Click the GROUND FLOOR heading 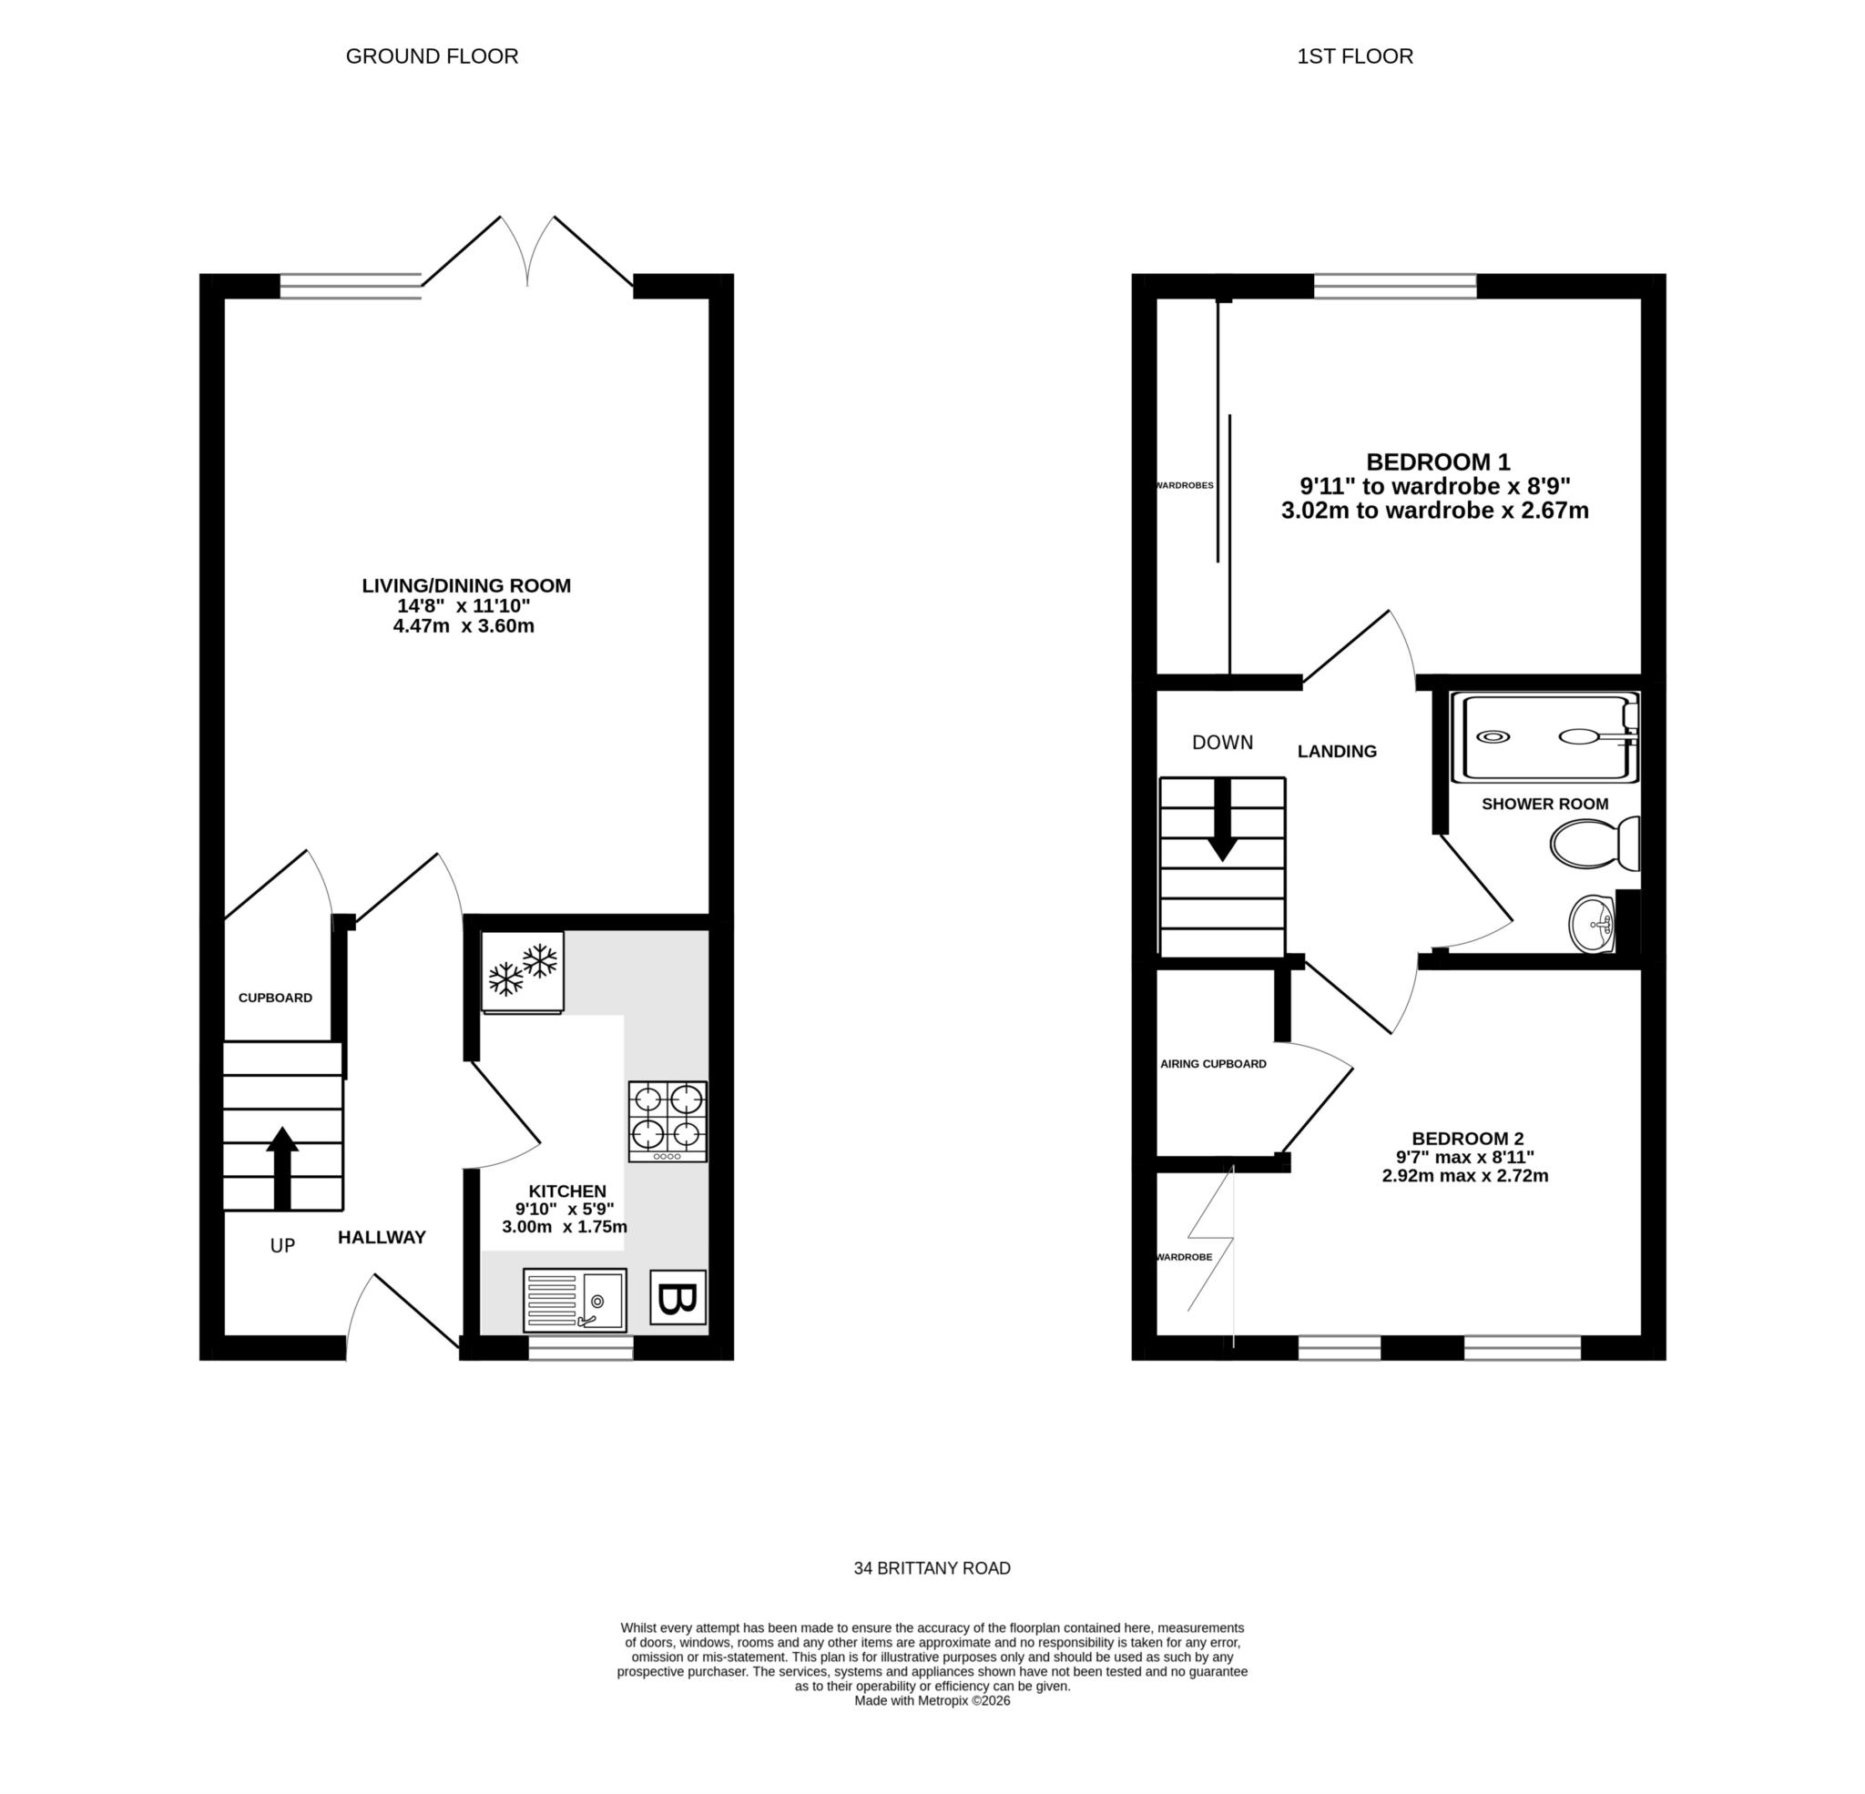coord(432,56)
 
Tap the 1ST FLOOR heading coord(1355,56)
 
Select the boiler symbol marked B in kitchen coord(678,1297)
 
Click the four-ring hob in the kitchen coord(667,1120)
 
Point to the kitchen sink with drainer coord(574,1300)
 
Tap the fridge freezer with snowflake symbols coord(523,971)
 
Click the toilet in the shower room coord(1595,843)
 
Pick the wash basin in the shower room coord(1593,923)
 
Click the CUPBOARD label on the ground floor coord(275,998)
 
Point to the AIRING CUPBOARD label coord(1213,1063)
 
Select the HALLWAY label coord(382,1238)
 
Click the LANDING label coord(1337,752)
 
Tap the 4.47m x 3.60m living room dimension coord(464,626)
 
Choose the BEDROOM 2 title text coord(1467,1139)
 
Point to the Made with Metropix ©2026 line coord(932,1701)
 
